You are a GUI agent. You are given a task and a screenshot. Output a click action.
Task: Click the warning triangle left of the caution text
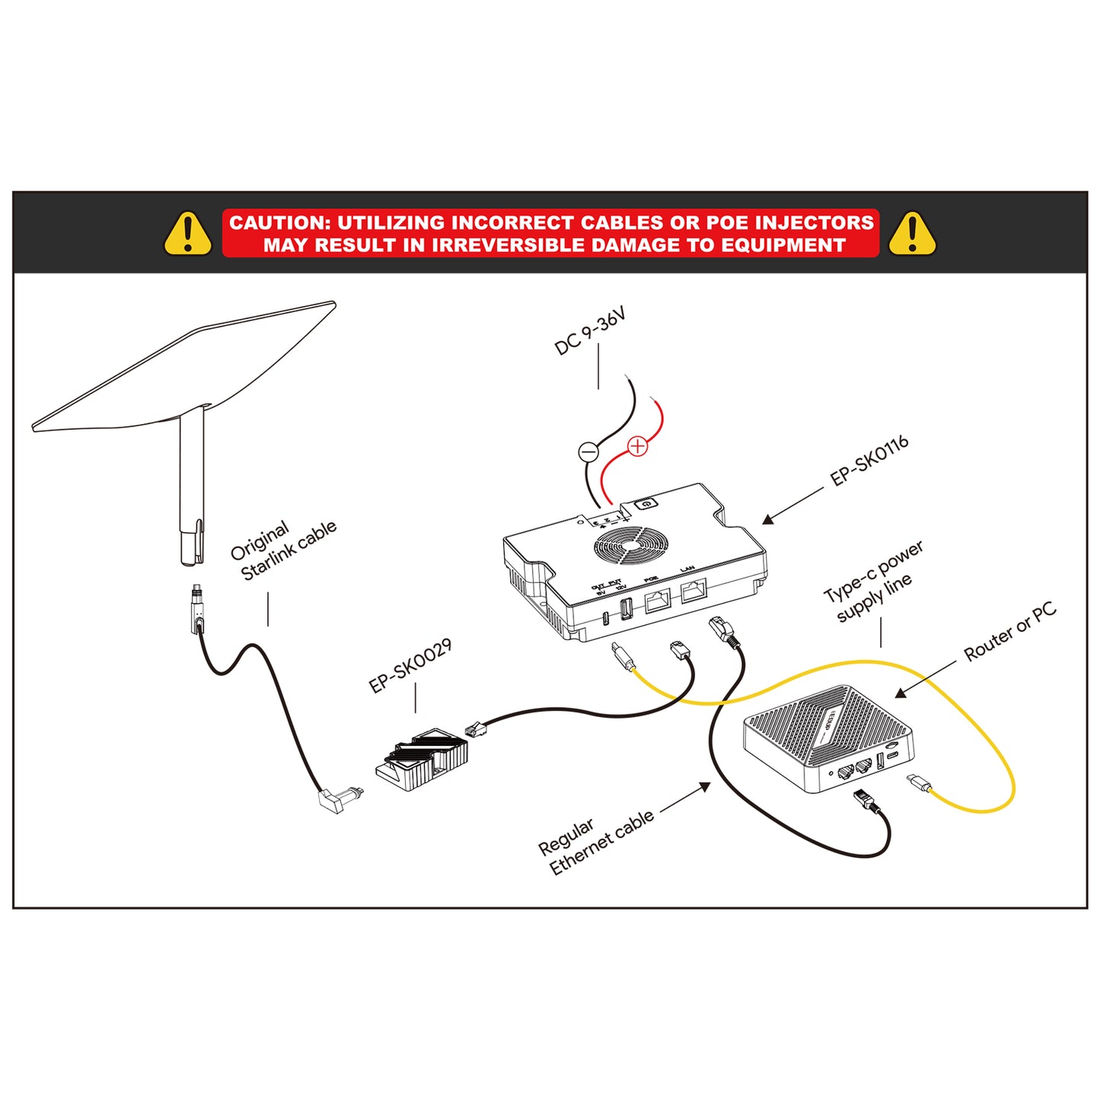click(187, 234)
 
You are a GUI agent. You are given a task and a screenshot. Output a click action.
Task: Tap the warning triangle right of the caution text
click(911, 234)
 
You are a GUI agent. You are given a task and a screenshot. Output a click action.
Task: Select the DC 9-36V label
click(590, 332)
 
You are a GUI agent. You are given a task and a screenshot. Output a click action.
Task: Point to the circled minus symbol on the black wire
click(588, 451)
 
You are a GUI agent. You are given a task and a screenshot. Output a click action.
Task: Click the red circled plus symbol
click(637, 446)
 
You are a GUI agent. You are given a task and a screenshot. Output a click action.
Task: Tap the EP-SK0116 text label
click(869, 461)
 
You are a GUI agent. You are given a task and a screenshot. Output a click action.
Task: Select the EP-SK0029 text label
click(410, 665)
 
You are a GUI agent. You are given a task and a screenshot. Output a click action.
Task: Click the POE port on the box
click(657, 601)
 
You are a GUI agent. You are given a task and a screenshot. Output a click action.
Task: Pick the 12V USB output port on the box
click(627, 609)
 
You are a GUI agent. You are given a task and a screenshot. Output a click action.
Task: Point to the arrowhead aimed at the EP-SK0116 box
click(768, 519)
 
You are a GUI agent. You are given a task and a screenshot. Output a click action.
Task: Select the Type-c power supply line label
click(874, 582)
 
